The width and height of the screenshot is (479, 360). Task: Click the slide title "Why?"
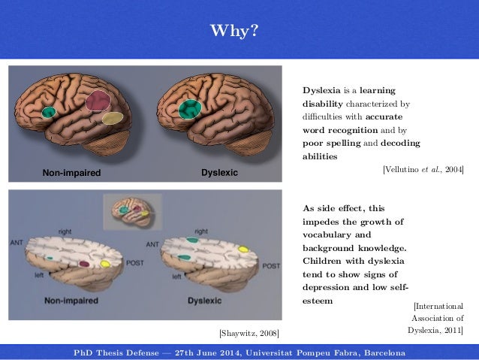coord(239,31)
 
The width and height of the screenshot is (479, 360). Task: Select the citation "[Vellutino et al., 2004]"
coord(423,170)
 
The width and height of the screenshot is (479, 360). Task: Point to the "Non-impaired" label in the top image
coord(71,173)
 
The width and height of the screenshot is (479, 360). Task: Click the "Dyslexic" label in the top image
coord(219,173)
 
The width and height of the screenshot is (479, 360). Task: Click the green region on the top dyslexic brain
coord(189,109)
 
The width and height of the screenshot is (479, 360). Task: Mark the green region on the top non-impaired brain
coord(49,112)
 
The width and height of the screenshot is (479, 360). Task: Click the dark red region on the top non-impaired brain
coord(96,102)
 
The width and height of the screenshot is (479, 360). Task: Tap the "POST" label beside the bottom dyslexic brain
coord(270,266)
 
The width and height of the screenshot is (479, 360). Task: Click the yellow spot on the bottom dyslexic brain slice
coord(243,248)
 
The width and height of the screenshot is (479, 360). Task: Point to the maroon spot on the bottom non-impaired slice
coord(85,264)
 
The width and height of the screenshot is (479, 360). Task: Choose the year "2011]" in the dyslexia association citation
coord(451,329)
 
